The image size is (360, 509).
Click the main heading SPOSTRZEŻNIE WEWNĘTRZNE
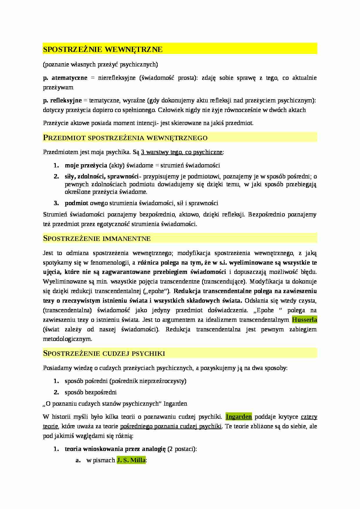103,49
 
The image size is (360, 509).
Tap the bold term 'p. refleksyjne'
62,101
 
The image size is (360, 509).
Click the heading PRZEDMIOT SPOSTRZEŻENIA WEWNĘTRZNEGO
125,138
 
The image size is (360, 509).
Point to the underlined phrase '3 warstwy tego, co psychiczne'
182,152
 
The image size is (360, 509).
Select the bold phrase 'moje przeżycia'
86,165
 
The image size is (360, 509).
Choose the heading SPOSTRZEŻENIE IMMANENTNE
97,239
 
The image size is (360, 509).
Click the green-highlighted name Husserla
304,320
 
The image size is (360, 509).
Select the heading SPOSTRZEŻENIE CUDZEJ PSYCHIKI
104,353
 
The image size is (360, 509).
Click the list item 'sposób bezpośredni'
91,392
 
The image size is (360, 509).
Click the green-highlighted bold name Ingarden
239,417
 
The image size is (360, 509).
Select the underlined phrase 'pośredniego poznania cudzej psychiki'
170,426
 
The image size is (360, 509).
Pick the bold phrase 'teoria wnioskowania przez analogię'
115,449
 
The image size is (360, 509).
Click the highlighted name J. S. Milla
131,460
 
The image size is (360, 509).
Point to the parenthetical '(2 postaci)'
182,449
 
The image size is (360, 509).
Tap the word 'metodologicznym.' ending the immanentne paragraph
67,339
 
